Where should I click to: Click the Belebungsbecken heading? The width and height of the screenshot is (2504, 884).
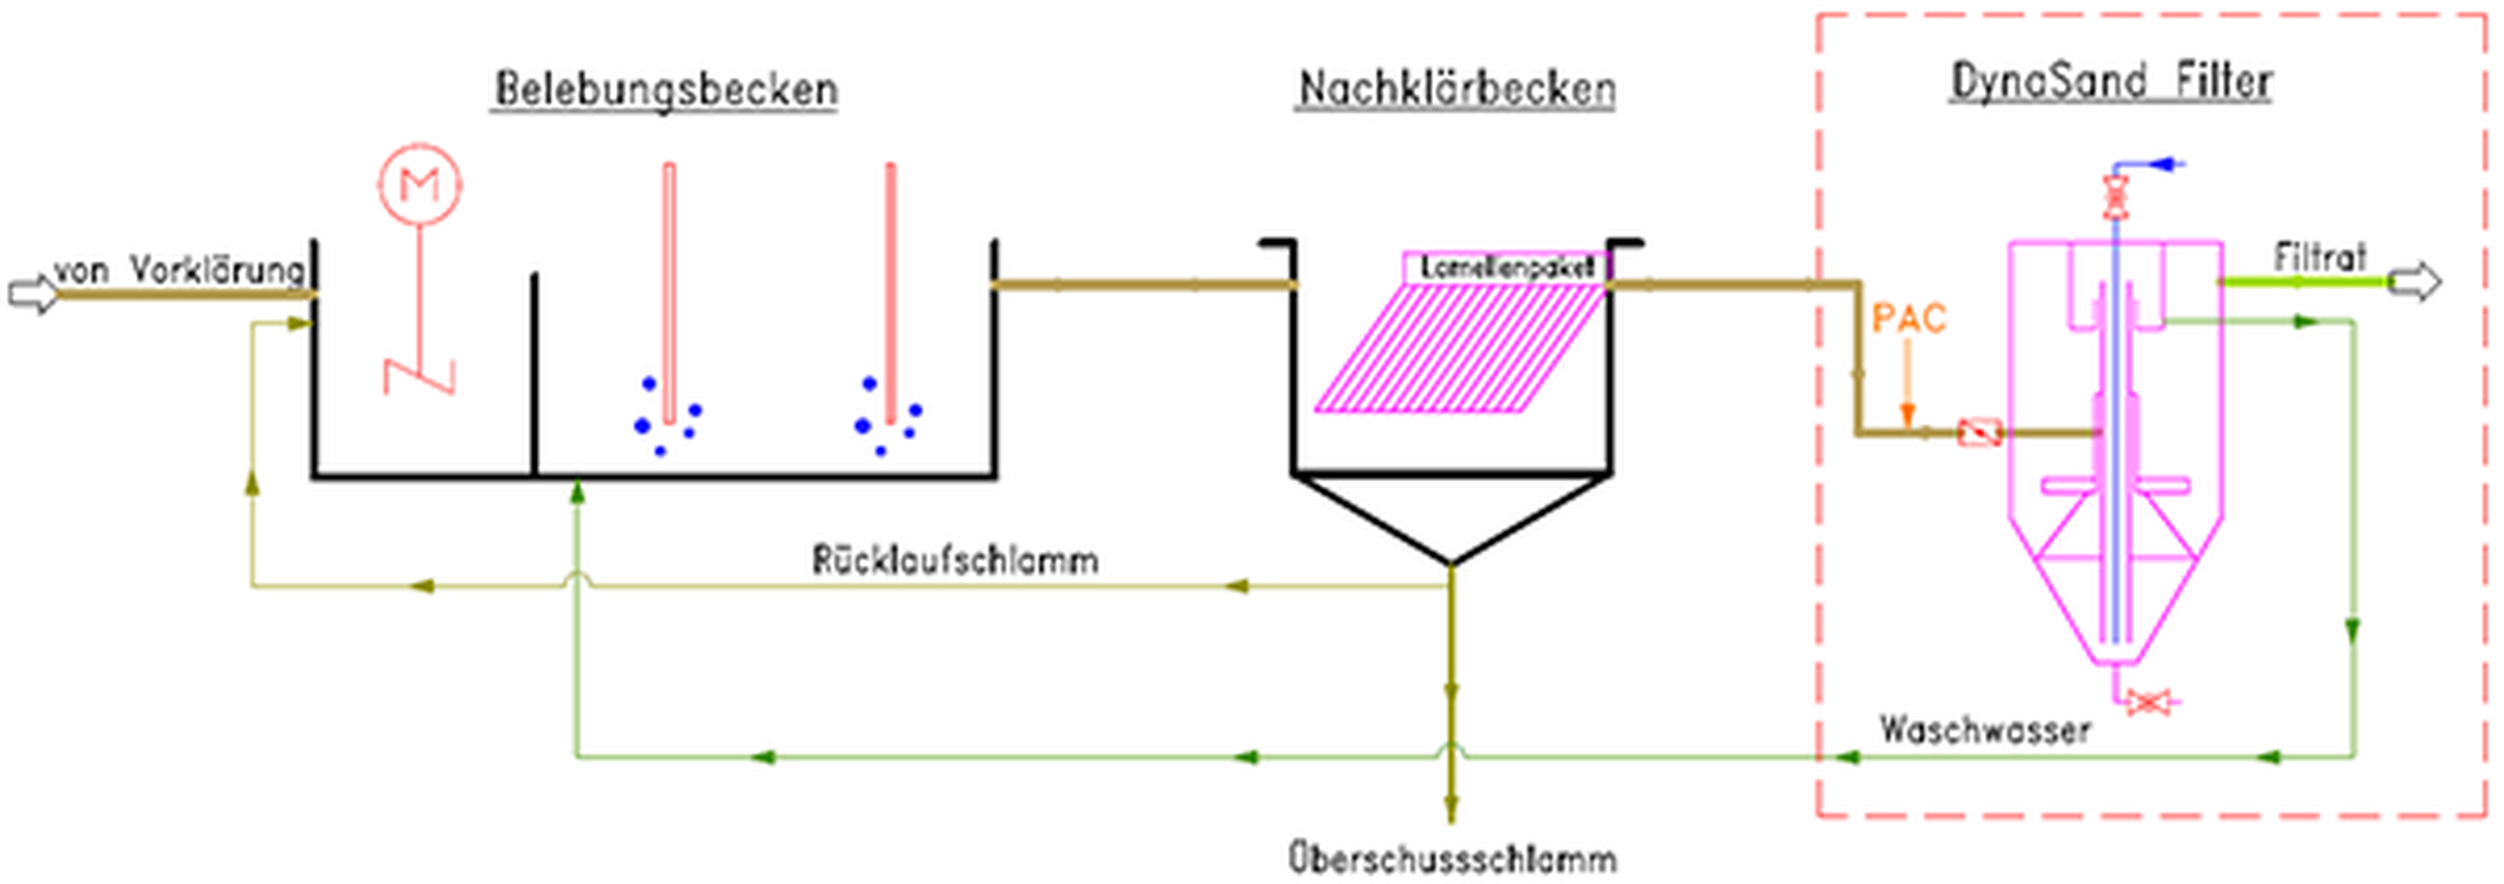point(666,89)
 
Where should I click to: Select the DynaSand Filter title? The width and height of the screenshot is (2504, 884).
point(2111,81)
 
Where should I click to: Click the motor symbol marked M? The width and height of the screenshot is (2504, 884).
point(420,184)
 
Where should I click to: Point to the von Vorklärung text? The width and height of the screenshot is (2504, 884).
point(180,270)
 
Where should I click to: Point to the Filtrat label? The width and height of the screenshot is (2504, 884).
point(2318,257)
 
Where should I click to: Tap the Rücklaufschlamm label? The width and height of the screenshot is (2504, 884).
point(955,560)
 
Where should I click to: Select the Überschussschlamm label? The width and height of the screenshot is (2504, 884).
point(1452,859)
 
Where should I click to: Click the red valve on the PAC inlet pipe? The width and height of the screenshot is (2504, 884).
point(1979,433)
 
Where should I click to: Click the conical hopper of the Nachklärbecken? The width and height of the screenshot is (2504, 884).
point(1452,515)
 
